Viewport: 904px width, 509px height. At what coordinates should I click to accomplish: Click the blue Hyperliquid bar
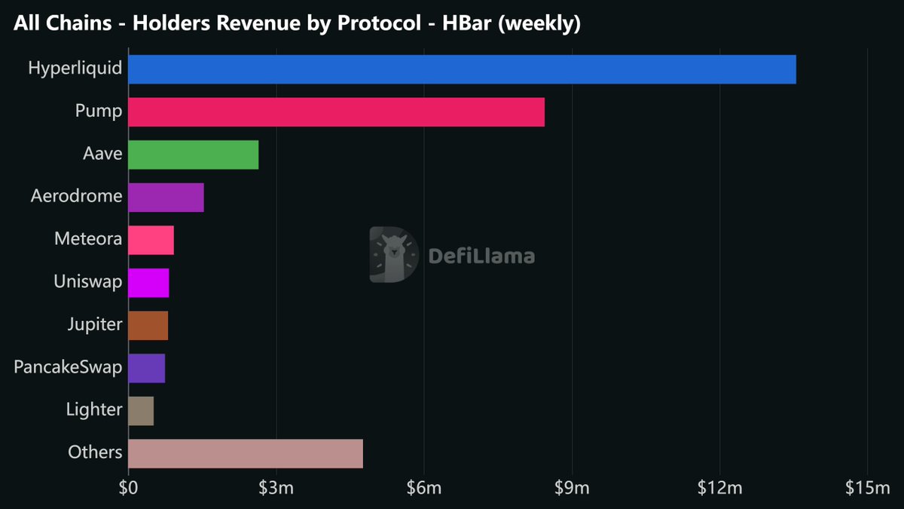click(462, 69)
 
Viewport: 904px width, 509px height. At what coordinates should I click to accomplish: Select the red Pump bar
click(336, 112)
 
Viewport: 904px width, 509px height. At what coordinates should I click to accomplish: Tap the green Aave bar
click(193, 155)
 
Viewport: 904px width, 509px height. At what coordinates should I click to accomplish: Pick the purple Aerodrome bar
click(166, 197)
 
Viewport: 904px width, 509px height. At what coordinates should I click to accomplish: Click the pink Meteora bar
click(151, 240)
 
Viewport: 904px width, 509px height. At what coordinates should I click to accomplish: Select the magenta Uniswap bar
click(148, 283)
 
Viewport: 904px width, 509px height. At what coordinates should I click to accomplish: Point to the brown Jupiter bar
click(148, 325)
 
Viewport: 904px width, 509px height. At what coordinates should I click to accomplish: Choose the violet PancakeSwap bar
click(146, 368)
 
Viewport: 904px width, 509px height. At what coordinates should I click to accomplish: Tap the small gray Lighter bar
click(141, 411)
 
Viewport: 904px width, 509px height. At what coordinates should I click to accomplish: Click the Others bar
click(246, 453)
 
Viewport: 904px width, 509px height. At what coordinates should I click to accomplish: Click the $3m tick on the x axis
click(276, 489)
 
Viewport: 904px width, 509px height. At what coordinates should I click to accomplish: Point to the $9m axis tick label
click(572, 489)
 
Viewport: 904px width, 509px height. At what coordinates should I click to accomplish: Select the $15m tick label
click(867, 489)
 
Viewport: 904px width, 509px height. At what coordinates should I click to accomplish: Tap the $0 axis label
click(128, 489)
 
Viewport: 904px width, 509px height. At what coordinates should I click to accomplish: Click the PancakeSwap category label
click(68, 367)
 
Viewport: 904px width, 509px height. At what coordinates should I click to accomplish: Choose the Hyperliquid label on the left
click(75, 69)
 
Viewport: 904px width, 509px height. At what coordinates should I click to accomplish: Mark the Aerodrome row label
click(76, 196)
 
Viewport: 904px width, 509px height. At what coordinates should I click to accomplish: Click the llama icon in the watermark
click(393, 255)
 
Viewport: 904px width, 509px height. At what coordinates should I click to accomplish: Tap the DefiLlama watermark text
click(481, 256)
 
